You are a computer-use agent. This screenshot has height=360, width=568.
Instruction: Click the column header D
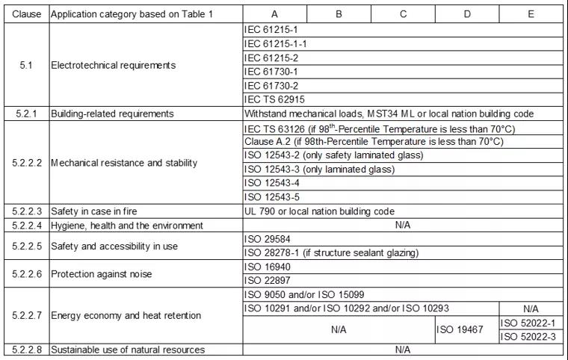tap(466, 14)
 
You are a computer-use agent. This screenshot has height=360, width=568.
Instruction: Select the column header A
tap(274, 14)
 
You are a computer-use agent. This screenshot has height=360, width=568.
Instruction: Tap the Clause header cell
tap(26, 14)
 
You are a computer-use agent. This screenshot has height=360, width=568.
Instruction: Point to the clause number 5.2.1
tap(26, 114)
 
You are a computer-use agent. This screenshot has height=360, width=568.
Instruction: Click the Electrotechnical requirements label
tap(113, 65)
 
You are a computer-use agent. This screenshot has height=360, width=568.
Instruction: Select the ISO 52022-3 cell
tap(531, 337)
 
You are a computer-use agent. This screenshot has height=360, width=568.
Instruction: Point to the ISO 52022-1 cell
tap(531, 323)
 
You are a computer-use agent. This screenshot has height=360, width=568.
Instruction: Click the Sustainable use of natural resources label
tap(128, 350)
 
